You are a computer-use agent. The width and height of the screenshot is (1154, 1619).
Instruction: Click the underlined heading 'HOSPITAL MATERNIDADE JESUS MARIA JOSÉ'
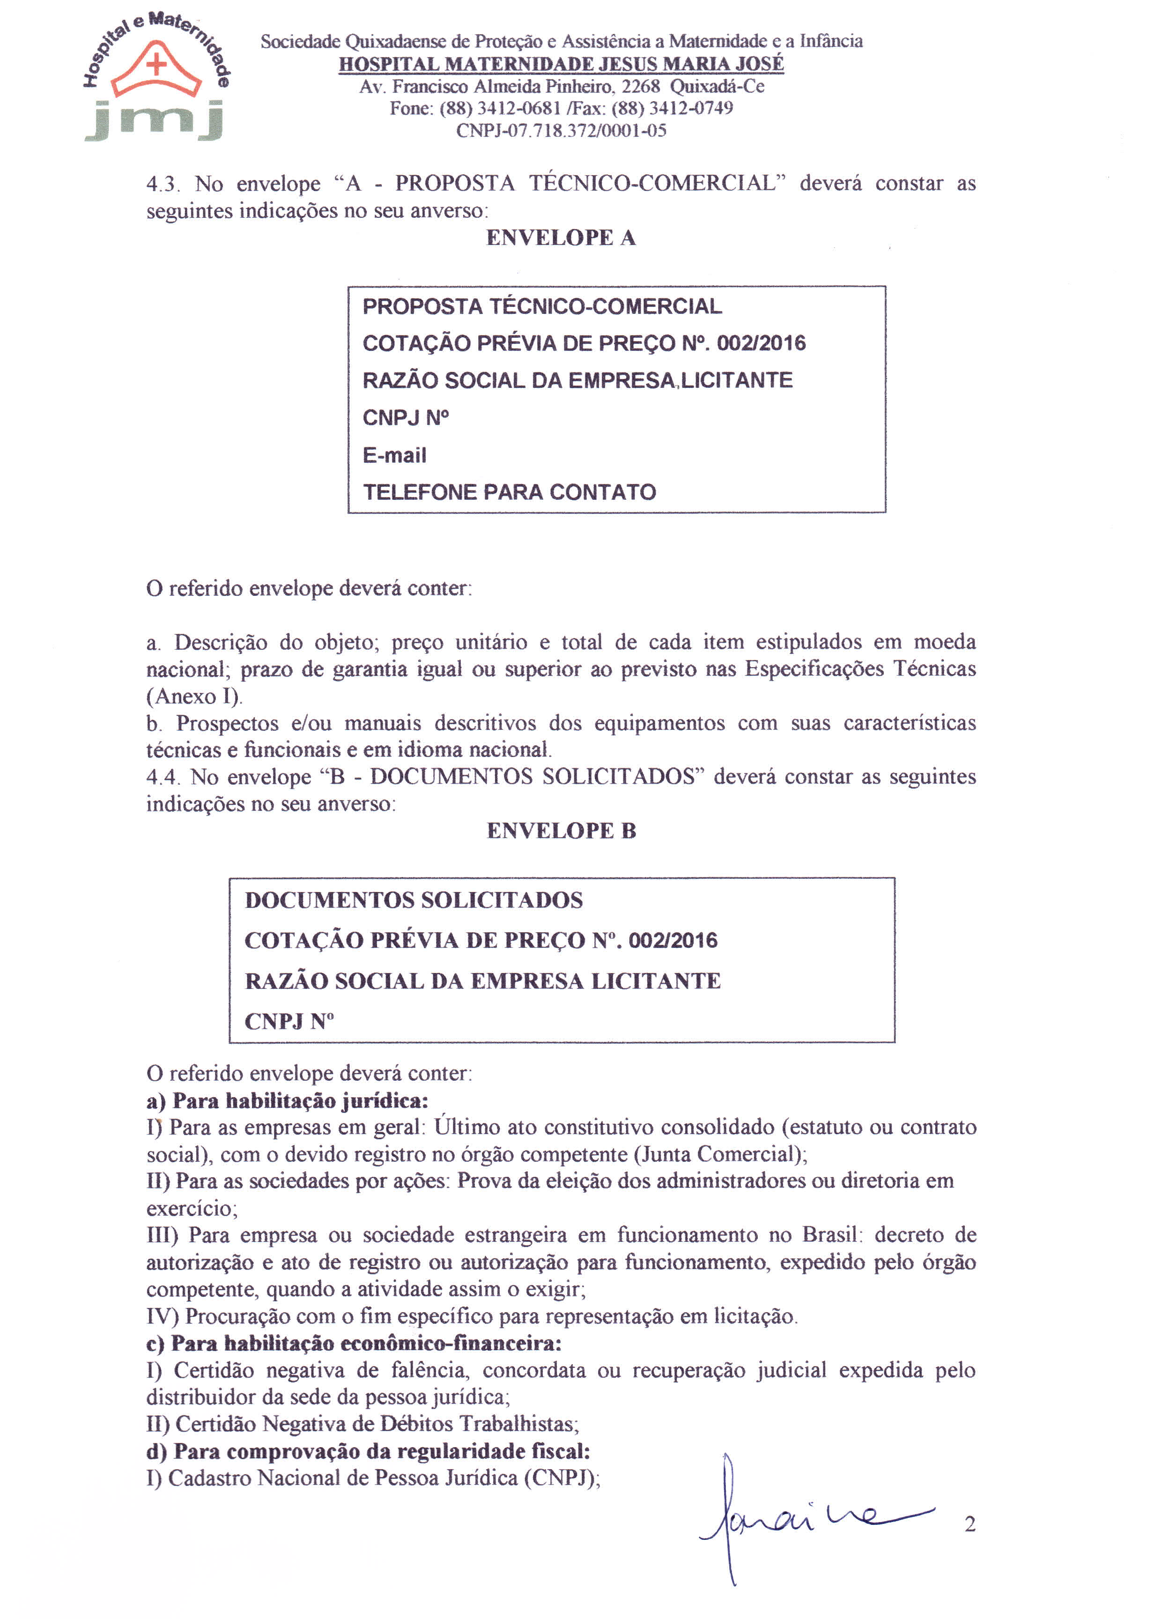(562, 64)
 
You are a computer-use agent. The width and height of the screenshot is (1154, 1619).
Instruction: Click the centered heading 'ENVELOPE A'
(561, 238)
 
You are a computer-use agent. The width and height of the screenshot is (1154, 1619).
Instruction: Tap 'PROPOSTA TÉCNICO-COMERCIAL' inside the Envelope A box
(542, 306)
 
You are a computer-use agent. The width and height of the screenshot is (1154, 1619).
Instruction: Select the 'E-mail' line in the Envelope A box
(394, 455)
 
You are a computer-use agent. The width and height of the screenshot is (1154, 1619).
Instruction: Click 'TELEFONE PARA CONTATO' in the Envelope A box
(510, 492)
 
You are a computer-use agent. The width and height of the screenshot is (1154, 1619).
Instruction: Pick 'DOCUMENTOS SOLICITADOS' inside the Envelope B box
(414, 900)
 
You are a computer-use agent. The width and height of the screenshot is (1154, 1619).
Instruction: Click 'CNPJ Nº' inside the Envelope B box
(289, 1021)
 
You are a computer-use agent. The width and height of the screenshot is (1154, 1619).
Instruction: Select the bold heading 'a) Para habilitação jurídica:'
(287, 1101)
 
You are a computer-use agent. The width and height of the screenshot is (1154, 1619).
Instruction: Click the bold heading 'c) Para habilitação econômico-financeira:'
(354, 1343)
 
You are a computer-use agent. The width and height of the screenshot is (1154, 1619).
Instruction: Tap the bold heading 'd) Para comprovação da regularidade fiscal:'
(368, 1450)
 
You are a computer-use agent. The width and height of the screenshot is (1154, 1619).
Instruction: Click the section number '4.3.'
(163, 184)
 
